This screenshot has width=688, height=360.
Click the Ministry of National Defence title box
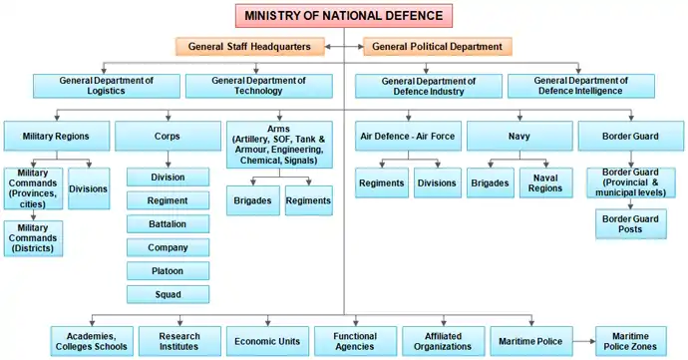click(344, 16)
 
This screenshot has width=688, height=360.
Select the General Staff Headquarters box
click(249, 47)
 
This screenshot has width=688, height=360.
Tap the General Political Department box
click(438, 47)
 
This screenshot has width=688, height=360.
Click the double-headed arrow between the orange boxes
click(344, 47)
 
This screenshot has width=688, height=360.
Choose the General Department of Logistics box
click(106, 86)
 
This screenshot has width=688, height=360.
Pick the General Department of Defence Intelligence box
click(581, 86)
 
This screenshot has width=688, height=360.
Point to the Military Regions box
click(57, 136)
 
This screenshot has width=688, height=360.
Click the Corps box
click(168, 136)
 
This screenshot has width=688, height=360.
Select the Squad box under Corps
click(169, 294)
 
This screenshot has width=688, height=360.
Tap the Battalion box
click(169, 224)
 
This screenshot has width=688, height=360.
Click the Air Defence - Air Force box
click(408, 136)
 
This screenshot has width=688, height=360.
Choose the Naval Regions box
click(545, 182)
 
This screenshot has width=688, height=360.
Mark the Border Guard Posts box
click(631, 224)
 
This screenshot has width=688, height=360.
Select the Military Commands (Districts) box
click(33, 238)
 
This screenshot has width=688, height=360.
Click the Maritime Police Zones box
click(631, 341)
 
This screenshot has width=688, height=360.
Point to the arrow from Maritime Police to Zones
click(584, 341)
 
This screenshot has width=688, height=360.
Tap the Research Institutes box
click(179, 341)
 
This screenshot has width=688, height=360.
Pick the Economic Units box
click(267, 341)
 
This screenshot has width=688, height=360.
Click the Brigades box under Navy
click(491, 182)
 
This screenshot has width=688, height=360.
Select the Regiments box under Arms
click(308, 200)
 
